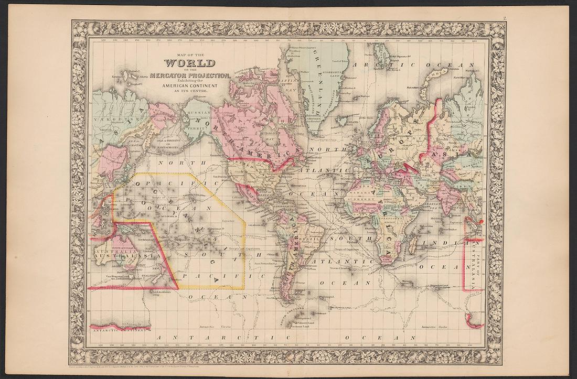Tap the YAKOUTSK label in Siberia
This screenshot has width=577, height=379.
pyautogui.click(x=108, y=119)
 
